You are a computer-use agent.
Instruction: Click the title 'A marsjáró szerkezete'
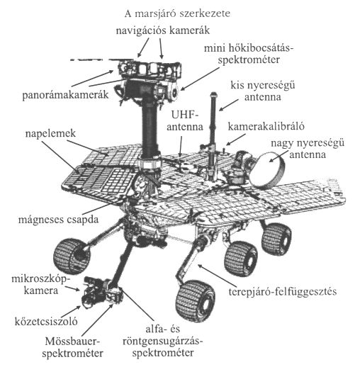coord(177,13)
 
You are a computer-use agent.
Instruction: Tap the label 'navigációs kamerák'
coord(163,30)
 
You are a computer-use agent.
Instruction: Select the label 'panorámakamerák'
coord(65,95)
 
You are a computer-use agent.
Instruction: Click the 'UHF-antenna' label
coord(185,121)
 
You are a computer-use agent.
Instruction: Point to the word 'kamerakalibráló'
coord(266,126)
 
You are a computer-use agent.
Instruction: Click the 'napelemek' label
coord(50,134)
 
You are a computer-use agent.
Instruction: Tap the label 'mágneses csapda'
coord(58,220)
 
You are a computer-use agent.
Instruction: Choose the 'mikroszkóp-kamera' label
coord(41,285)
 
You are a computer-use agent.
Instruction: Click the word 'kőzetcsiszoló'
coord(46,322)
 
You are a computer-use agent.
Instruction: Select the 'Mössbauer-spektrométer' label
coord(73,347)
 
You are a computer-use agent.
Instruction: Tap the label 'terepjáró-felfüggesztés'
coord(283,292)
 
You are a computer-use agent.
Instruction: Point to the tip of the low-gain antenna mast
coord(213,94)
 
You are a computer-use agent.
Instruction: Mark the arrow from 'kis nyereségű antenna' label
coord(229,105)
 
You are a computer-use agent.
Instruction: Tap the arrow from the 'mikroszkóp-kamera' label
coord(72,288)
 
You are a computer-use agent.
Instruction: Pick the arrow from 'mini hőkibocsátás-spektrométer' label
coord(200,79)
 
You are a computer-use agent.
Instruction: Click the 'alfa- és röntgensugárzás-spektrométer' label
coord(163,341)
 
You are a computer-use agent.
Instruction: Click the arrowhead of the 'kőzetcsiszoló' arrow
coord(79,307)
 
